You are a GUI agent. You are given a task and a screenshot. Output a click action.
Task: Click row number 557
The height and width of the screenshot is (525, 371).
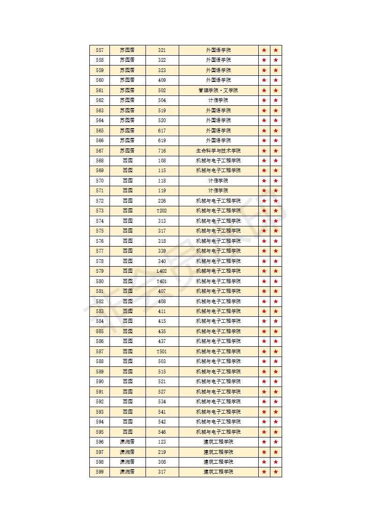(100, 50)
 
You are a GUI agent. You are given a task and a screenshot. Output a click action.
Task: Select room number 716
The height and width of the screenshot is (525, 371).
(162, 151)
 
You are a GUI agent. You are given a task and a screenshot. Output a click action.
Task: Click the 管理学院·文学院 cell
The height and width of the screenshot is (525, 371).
(218, 90)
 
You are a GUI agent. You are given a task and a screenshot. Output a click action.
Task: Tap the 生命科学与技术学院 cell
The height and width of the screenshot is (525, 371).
(218, 151)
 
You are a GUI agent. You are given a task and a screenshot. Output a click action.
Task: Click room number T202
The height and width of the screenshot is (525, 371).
(162, 211)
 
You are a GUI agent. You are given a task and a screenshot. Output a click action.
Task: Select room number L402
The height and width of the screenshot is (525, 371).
(162, 271)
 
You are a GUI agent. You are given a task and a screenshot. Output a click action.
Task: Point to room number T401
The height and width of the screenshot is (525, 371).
(162, 281)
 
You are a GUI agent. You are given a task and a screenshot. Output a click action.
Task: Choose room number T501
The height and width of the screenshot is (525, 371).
(162, 351)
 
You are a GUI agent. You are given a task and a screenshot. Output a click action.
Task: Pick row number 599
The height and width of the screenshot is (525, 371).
(100, 472)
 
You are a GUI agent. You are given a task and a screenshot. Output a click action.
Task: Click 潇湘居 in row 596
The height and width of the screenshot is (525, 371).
(127, 442)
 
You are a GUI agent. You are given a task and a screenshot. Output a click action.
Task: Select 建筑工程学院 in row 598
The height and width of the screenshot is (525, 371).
(218, 462)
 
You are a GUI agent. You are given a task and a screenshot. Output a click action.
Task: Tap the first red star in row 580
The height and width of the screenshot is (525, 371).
(264, 281)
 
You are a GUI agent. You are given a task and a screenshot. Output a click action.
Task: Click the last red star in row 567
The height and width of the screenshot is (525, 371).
(276, 151)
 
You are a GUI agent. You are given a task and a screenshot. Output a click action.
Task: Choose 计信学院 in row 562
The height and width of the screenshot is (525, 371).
(218, 100)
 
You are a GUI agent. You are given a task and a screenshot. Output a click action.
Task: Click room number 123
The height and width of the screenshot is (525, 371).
(162, 442)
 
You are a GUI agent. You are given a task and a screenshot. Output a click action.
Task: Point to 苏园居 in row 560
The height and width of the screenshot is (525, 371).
(127, 80)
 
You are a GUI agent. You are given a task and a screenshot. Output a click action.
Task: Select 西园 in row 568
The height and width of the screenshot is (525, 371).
(127, 160)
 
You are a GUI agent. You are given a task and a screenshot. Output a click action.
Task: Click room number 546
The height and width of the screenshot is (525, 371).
(162, 432)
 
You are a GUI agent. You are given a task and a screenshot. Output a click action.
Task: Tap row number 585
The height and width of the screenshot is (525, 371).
(100, 331)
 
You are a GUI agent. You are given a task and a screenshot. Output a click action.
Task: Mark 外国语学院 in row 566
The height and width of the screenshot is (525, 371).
(218, 140)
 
